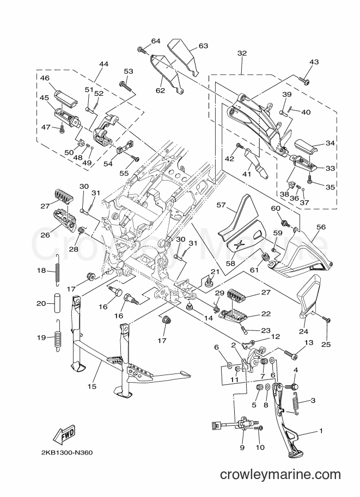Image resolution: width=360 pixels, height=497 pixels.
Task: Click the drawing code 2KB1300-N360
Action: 67,452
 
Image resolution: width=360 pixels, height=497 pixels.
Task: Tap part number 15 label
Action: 92,386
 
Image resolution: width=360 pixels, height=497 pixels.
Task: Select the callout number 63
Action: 203,46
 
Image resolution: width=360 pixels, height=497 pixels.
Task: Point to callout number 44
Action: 103,64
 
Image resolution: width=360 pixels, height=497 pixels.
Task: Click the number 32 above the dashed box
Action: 242,53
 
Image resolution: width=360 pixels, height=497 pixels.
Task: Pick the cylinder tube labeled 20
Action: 57,303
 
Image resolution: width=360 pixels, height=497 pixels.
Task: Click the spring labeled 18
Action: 57,271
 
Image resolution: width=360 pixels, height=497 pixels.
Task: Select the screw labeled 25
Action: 327,319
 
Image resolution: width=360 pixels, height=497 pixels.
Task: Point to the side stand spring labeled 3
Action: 296,402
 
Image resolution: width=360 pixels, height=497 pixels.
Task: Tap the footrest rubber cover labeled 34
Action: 307,146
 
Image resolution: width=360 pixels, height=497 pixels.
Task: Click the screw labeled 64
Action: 144,50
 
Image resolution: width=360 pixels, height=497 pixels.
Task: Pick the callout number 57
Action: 221,205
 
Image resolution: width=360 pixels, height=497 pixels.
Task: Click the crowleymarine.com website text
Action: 280,475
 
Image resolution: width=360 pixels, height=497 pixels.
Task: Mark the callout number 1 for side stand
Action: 321,431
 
